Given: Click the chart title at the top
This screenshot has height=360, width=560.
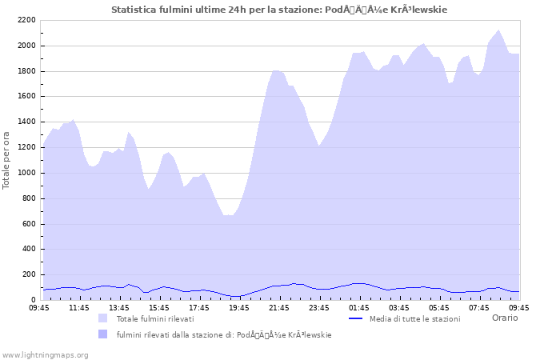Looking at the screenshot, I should (279, 10).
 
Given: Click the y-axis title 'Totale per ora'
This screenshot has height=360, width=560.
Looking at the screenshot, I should (6, 161).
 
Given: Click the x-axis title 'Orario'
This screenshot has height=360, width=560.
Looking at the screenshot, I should (504, 318).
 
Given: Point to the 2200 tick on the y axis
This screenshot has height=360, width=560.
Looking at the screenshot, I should (26, 20).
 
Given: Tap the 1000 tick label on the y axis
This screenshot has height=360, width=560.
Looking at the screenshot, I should (26, 173).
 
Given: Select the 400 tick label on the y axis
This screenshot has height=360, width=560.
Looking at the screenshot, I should (29, 249).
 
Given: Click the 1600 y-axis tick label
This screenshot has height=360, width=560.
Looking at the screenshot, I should (26, 96).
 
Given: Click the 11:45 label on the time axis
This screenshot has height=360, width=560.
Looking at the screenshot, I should (79, 307).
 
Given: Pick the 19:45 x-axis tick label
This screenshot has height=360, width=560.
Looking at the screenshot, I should (239, 307).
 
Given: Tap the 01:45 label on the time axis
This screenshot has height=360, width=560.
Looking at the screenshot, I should (359, 307).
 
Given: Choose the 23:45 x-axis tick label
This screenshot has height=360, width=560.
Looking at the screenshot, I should (319, 307).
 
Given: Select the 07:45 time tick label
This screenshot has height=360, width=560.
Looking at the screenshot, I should (479, 307).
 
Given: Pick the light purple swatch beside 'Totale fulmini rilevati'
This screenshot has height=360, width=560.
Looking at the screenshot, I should (102, 318).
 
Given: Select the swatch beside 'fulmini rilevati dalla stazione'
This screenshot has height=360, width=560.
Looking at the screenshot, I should (102, 334).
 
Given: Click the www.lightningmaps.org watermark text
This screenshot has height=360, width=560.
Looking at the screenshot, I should (45, 354).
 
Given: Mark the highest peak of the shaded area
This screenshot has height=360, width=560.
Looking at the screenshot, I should (499, 30).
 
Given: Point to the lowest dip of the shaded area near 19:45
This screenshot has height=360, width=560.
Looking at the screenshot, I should (230, 215).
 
